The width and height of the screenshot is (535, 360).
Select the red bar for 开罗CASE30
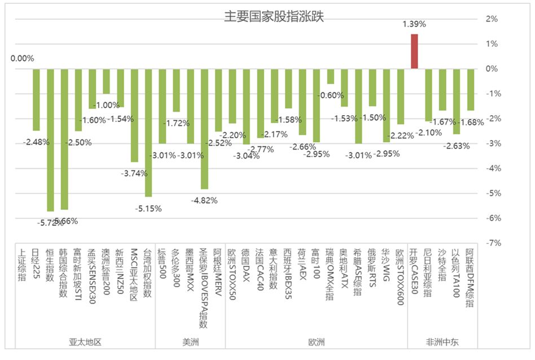[414, 51]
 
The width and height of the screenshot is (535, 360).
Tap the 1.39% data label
[414, 24]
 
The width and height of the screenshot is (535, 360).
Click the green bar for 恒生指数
[50, 139]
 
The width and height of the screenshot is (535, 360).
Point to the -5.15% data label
[148, 208]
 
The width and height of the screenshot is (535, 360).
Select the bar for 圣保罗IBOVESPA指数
[204, 129]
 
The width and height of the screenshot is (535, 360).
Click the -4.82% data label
[204, 200]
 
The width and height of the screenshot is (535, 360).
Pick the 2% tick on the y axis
[492, 19]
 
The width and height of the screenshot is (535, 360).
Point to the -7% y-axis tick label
[492, 243]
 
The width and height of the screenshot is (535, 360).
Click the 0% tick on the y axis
[492, 69]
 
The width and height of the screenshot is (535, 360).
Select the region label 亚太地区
[85, 342]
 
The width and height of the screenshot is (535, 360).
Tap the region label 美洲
[190, 342]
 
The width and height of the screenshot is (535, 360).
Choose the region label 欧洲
[316, 342]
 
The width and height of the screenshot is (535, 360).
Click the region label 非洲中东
[442, 342]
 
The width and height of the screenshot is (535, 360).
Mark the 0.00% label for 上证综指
[23, 58]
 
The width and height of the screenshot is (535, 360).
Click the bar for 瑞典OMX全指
[330, 76]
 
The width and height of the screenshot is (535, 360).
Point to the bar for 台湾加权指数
[148, 133]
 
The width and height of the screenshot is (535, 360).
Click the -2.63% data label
[457, 146]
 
